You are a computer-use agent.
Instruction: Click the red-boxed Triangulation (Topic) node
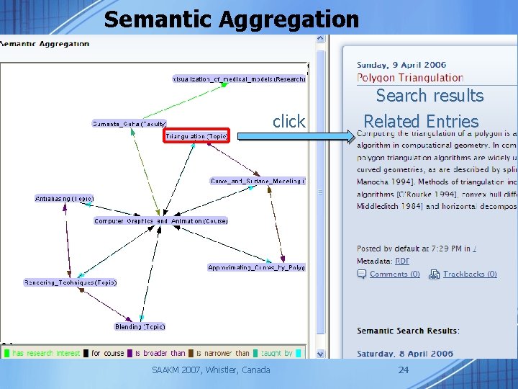[x=196, y=135]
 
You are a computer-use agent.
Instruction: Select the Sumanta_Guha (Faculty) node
[x=129, y=123]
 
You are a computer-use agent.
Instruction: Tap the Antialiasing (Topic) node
[x=65, y=198]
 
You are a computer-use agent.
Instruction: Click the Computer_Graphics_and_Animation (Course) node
[x=161, y=221]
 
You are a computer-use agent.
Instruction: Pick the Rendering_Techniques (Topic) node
[x=70, y=282]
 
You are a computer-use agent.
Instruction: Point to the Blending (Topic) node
[x=140, y=326]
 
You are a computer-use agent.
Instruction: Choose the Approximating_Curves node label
[x=256, y=267]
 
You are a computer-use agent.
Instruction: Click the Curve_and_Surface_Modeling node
[x=258, y=181]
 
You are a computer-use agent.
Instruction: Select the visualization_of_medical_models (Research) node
[x=239, y=79]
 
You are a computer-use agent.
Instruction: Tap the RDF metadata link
[x=402, y=261]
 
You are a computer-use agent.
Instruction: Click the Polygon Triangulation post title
[x=410, y=78]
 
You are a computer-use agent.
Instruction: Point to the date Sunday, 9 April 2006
[x=401, y=65]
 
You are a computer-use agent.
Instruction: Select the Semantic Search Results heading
[x=408, y=331]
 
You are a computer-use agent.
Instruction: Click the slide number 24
[x=404, y=370]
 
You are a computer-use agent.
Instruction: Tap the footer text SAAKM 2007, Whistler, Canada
[x=211, y=370]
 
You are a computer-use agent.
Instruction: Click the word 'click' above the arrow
[x=288, y=122]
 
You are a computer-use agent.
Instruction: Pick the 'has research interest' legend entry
[x=45, y=353]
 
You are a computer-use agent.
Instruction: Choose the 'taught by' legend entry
[x=278, y=353]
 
